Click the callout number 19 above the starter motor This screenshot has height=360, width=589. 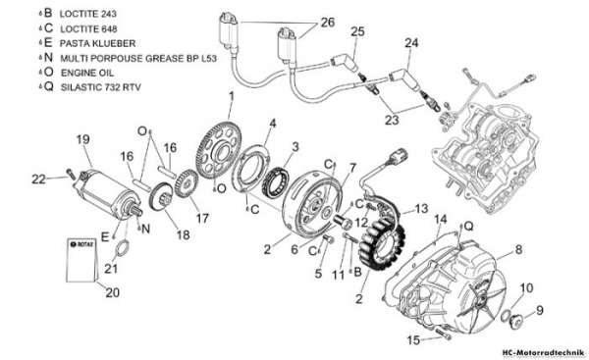tap(83, 139)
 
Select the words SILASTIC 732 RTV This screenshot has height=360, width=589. tap(101, 87)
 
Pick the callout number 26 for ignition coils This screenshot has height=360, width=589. tap(327, 23)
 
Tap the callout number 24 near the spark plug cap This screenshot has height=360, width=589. tap(411, 43)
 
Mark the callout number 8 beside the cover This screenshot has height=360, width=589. tap(518, 249)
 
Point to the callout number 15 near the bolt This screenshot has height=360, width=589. tap(413, 340)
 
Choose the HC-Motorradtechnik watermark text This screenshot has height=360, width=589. tap(543, 353)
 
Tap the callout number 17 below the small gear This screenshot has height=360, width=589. tap(202, 218)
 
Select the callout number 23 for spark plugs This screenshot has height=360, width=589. tap(392, 120)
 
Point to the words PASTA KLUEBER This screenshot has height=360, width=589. tap(97, 43)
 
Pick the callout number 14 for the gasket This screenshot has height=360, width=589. tap(440, 219)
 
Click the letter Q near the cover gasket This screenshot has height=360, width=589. tap(468, 226)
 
